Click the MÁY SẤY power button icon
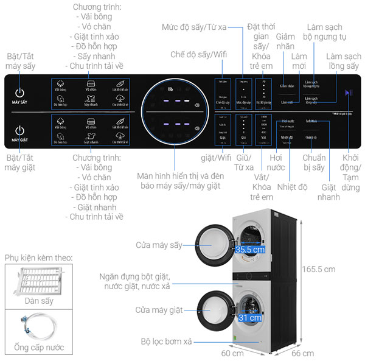point(20,93)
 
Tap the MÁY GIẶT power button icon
point(20,130)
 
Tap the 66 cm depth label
point(302,353)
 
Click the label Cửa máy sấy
point(159,245)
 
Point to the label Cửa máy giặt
point(159,310)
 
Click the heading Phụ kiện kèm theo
point(38,258)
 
